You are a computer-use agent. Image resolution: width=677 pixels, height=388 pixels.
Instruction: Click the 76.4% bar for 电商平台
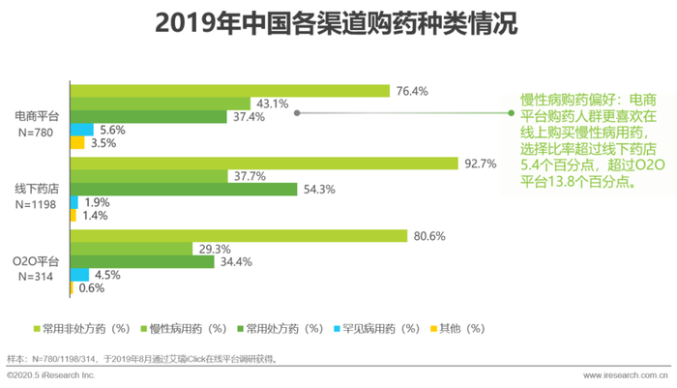point(229,91)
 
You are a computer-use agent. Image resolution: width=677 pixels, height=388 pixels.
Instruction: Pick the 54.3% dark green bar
point(184,189)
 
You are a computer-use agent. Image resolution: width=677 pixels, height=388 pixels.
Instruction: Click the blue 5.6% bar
point(82,130)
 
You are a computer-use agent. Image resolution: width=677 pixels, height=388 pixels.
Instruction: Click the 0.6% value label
point(93,287)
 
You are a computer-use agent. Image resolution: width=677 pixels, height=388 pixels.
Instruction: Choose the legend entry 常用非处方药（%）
point(84,329)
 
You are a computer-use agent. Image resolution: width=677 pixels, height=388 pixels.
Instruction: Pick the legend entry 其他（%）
point(460,329)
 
